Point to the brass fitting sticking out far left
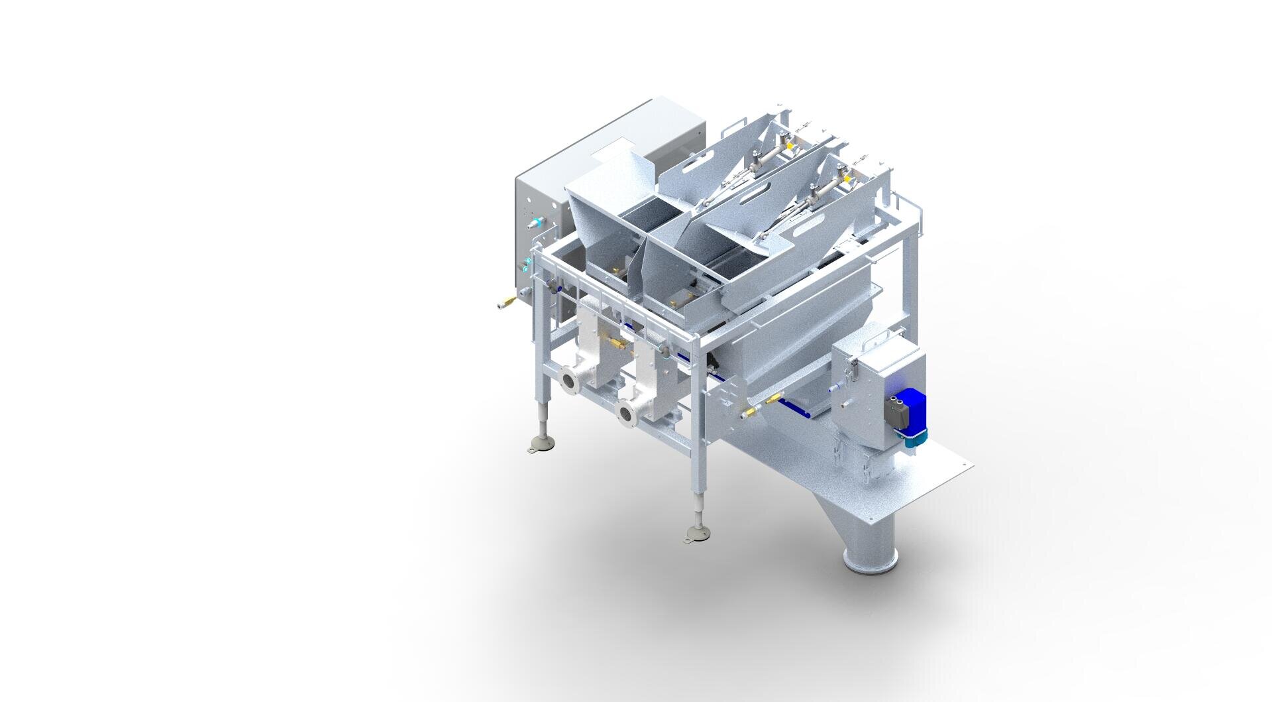tap(506, 304)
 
